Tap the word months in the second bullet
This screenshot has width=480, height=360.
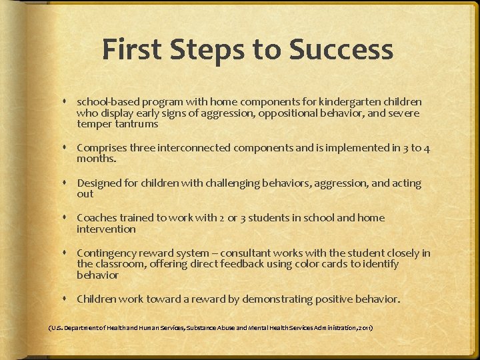[95, 159]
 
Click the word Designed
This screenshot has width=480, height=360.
[99, 183]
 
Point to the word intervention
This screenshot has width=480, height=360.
[106, 229]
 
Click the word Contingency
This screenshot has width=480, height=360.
[106, 253]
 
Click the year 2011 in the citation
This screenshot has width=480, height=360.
[364, 328]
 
